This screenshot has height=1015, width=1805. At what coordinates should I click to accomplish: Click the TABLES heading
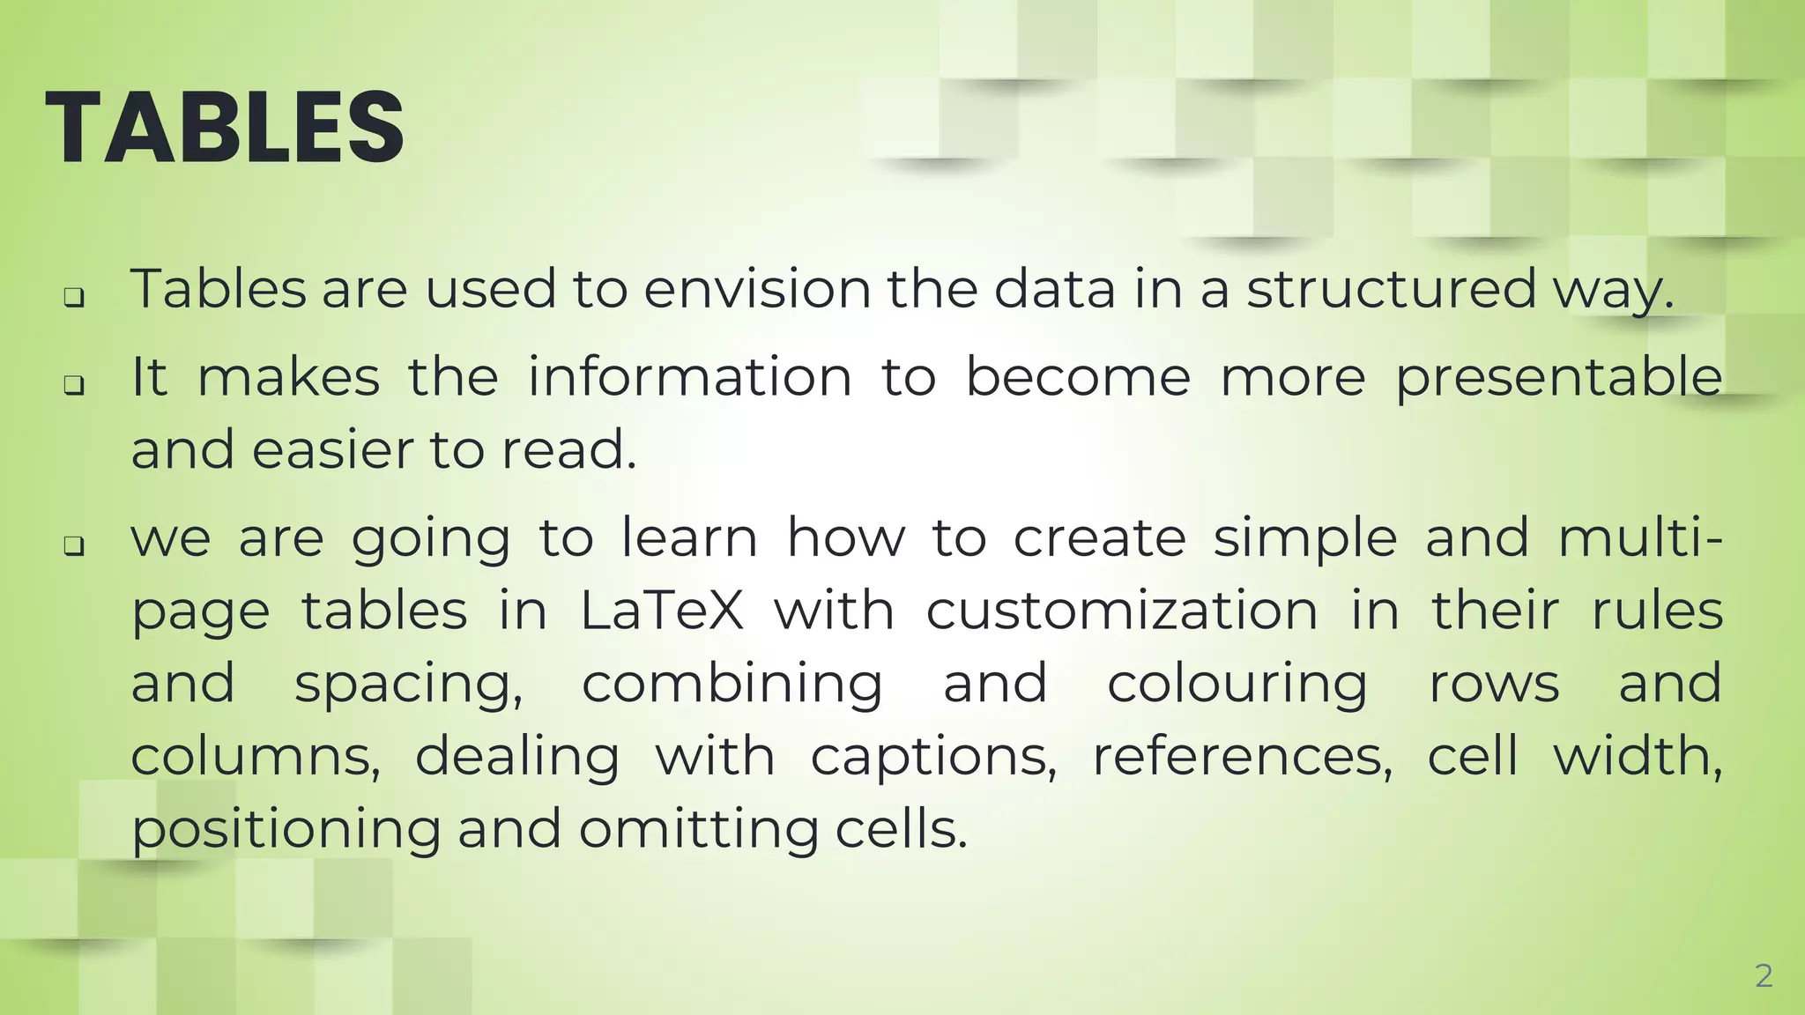pyautogui.click(x=225, y=128)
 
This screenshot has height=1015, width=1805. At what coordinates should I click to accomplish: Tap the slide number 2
pyautogui.click(x=1764, y=976)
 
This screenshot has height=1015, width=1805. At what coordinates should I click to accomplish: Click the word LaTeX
pyautogui.click(x=662, y=611)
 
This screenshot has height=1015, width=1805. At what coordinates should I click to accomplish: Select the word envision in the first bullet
pyautogui.click(x=757, y=289)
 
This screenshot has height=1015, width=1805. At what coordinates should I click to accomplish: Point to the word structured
pyautogui.click(x=1392, y=289)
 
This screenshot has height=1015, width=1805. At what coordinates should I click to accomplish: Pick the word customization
pyautogui.click(x=1122, y=611)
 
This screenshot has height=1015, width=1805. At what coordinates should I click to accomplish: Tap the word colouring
pyautogui.click(x=1237, y=685)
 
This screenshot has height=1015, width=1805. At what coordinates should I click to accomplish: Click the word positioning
pyautogui.click(x=286, y=830)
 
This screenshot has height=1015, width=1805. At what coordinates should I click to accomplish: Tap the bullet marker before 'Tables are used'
pyautogui.click(x=75, y=298)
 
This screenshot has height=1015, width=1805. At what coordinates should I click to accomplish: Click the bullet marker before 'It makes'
pyautogui.click(x=75, y=385)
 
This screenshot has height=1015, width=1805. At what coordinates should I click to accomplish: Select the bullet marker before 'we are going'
pyautogui.click(x=75, y=546)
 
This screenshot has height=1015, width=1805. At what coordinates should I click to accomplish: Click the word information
pyautogui.click(x=689, y=377)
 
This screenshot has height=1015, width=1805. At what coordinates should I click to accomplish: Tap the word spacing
pyautogui.click(x=408, y=685)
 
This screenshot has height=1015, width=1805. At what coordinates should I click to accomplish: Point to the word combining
pyautogui.click(x=732, y=685)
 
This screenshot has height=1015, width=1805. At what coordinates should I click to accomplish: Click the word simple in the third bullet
pyautogui.click(x=1304, y=538)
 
